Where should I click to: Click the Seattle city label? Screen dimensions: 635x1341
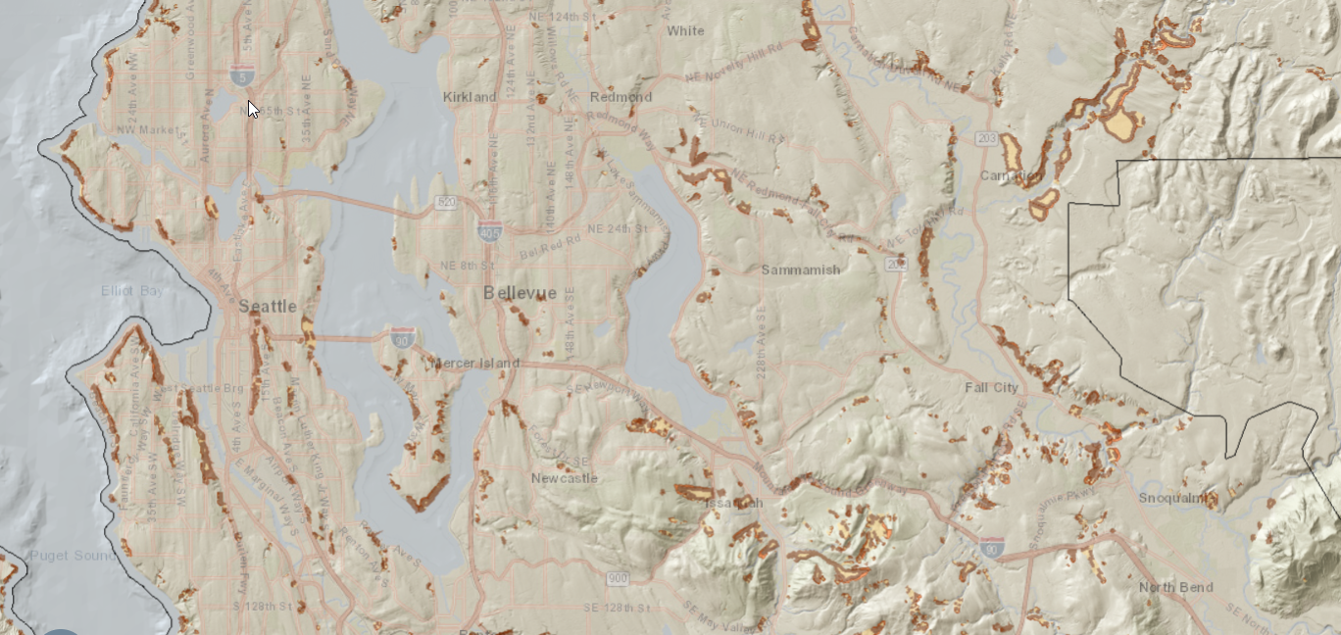pyautogui.click(x=268, y=307)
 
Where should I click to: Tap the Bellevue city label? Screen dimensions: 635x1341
pyautogui.click(x=520, y=293)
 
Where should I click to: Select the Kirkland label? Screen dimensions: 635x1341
pyautogui.click(x=470, y=97)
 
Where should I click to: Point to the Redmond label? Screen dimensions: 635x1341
pyautogui.click(x=621, y=97)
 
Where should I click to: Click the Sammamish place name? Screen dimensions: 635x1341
pyautogui.click(x=801, y=269)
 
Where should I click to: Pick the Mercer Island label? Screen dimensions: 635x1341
pyautogui.click(x=475, y=364)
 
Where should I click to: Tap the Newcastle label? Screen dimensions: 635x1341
pyautogui.click(x=564, y=478)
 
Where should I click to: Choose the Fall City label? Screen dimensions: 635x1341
pyautogui.click(x=991, y=387)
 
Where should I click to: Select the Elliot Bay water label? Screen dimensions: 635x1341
pyautogui.click(x=133, y=291)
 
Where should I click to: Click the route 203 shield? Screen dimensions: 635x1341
pyautogui.click(x=986, y=140)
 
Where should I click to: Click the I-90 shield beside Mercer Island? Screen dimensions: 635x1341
pyautogui.click(x=402, y=339)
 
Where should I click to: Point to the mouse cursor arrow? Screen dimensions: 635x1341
pyautogui.click(x=253, y=109)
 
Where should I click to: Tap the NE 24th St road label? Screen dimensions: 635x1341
pyautogui.click(x=618, y=228)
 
